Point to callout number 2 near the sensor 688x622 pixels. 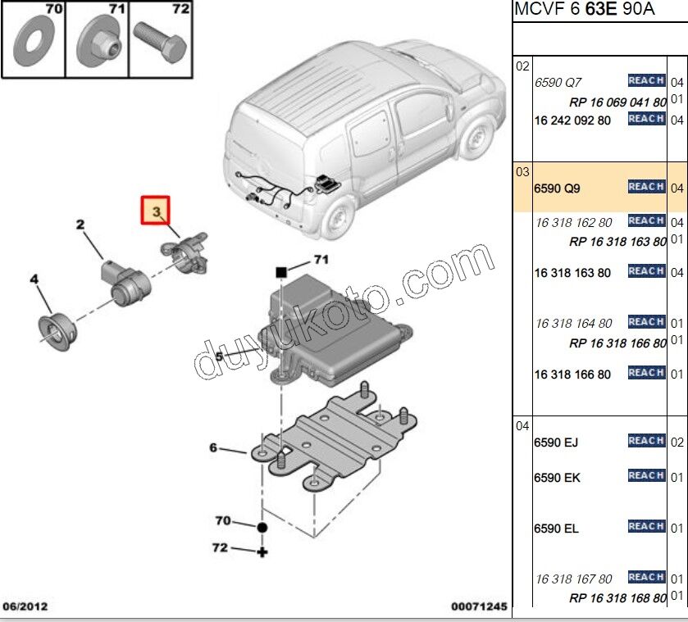(x=81, y=224)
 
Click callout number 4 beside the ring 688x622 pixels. (x=34, y=279)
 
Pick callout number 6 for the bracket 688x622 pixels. (x=213, y=447)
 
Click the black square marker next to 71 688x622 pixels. (x=280, y=270)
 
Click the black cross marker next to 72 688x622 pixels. (x=262, y=552)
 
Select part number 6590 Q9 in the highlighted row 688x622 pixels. (x=557, y=188)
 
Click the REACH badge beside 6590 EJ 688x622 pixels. (x=645, y=441)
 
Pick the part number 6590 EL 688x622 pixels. (x=556, y=529)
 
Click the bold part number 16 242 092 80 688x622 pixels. (x=572, y=120)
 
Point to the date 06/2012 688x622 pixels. (x=25, y=607)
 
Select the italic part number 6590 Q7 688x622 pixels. (x=558, y=83)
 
